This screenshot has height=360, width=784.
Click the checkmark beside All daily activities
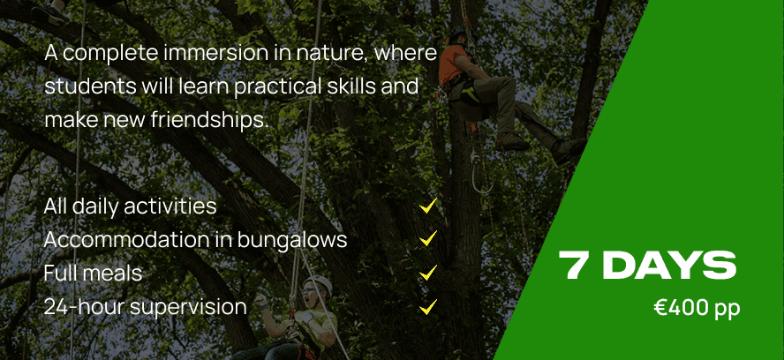[428, 206]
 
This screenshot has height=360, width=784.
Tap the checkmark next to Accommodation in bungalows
[428, 238]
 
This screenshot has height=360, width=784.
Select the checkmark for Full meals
[428, 273]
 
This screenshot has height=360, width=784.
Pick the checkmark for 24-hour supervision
[428, 306]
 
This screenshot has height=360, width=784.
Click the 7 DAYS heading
[647, 266]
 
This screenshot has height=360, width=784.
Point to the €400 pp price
[697, 308]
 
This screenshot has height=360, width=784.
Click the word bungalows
[292, 240]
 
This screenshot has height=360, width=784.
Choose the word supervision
[188, 307]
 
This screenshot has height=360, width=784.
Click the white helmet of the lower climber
[320, 283]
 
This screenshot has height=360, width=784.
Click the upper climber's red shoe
[512, 143]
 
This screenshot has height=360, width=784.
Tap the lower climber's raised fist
[260, 301]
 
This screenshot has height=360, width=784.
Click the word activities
[170, 206]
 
